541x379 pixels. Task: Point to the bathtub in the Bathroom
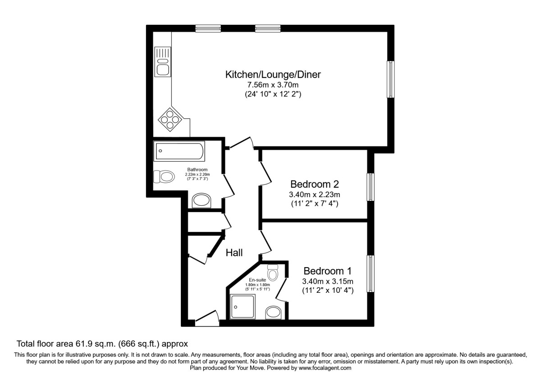[x=179, y=152]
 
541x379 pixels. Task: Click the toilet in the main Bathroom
[x=164, y=176]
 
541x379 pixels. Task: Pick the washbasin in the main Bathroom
[x=202, y=201]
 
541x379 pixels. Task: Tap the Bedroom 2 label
[x=314, y=185]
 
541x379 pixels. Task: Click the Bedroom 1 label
[x=327, y=271]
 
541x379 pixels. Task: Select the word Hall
[x=234, y=253]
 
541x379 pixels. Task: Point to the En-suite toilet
[x=273, y=273]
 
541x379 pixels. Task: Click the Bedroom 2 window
[x=370, y=187]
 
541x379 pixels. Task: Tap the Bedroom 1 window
[x=371, y=274]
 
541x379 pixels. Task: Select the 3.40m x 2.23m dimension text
[x=314, y=195]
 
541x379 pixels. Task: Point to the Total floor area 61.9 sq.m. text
[x=101, y=344]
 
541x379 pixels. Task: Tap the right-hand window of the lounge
[x=390, y=79]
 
